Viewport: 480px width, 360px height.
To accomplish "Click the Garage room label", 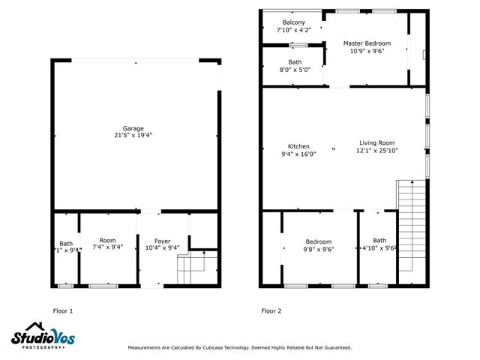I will coord(133,127).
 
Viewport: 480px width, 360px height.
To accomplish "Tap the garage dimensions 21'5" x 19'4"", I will coord(133,136).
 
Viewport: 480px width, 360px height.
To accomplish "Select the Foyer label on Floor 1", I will coord(162,241).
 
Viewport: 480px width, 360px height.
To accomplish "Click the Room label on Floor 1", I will coord(108,240).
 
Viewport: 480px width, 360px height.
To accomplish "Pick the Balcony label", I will coord(293,22).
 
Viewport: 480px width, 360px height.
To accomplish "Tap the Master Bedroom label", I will coord(367,43).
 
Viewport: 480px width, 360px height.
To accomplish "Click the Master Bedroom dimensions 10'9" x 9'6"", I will coord(367,52).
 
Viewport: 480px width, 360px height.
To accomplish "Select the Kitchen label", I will coord(298,146).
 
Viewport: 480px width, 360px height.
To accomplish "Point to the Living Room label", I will coord(376,142).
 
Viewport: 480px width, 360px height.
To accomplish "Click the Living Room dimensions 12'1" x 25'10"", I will coord(376,151).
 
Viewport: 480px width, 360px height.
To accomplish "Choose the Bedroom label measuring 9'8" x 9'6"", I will coord(318,241).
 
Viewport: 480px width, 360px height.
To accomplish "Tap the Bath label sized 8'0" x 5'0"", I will coord(295,61).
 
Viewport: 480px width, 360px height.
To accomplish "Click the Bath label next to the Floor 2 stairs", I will coord(379,240).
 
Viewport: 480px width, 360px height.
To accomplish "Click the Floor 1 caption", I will coord(62,310).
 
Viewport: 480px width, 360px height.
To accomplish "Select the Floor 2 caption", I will coord(271,310).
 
